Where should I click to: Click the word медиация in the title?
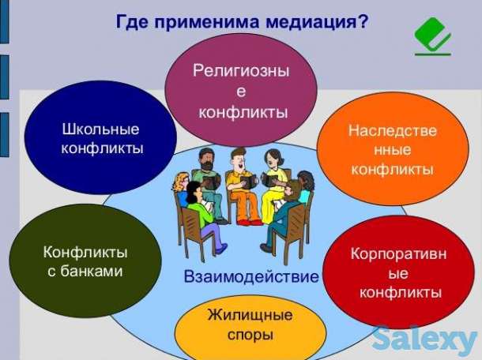click(317, 21)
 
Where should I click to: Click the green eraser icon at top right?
click(432, 36)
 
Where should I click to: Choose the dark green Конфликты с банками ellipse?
click(85, 261)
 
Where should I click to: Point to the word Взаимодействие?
click(251, 277)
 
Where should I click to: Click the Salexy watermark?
click(424, 339)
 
